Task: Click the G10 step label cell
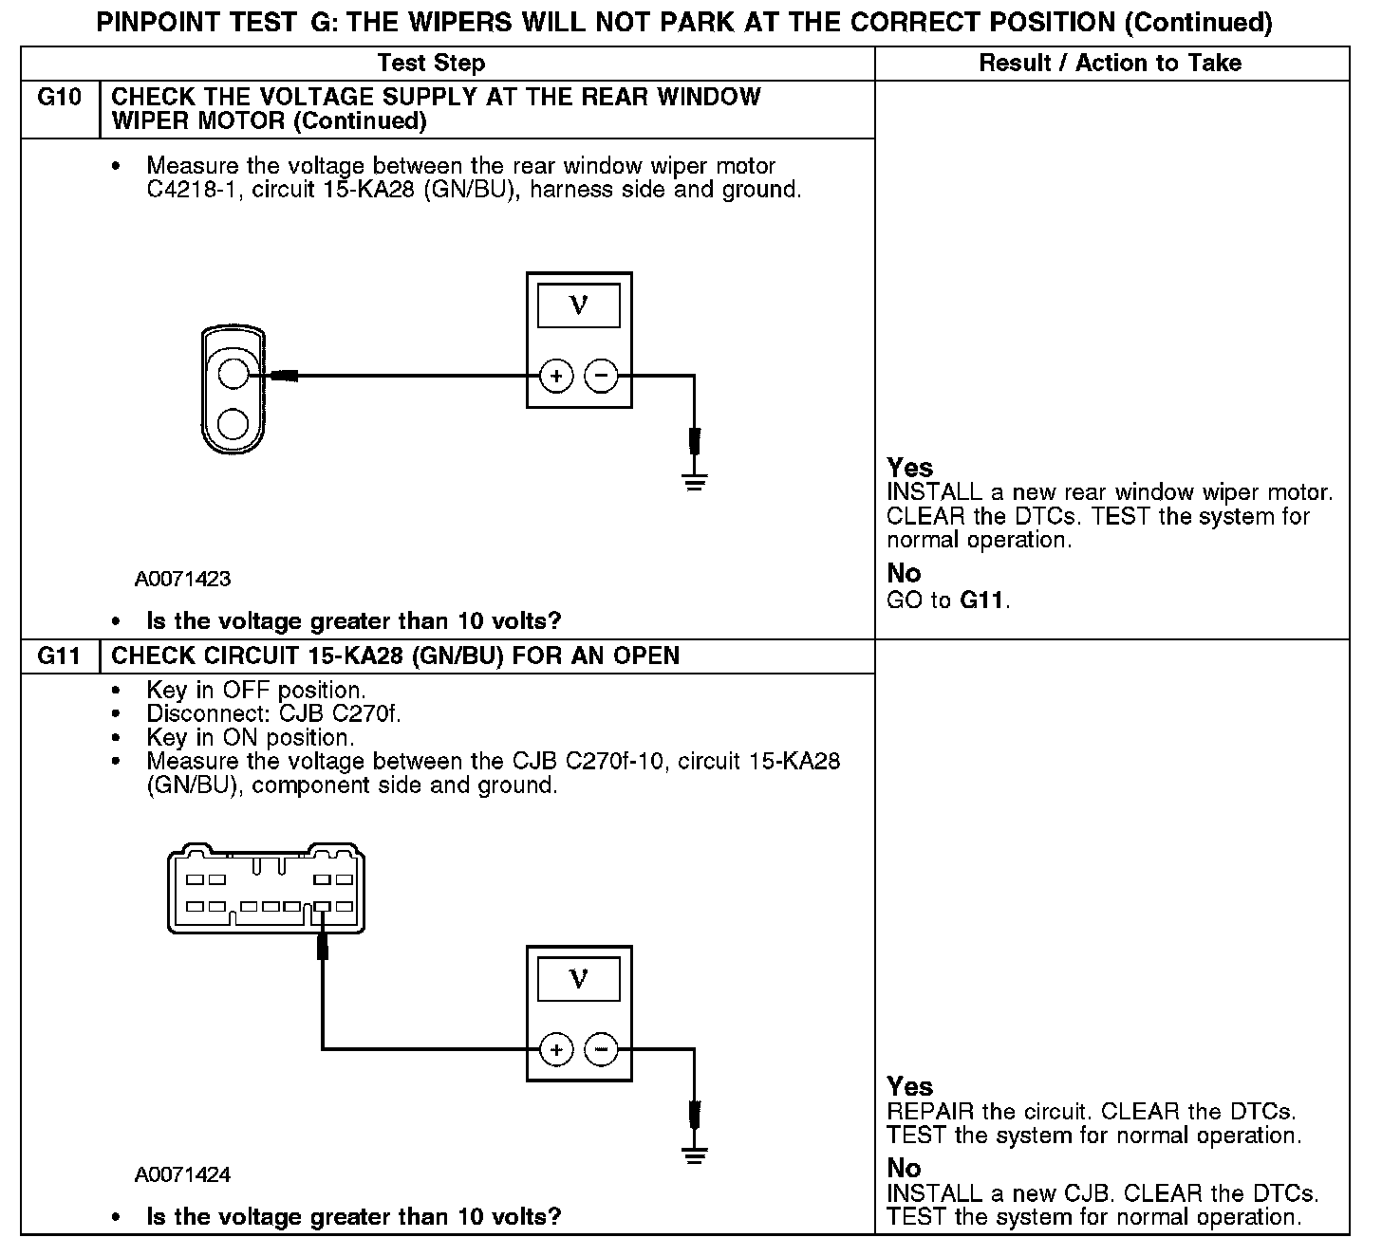point(59,98)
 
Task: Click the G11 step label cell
point(59,656)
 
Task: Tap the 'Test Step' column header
point(431,64)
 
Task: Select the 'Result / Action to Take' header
point(1110,64)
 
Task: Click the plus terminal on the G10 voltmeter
point(556,377)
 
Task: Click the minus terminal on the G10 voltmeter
point(600,377)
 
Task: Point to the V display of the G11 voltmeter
point(578,979)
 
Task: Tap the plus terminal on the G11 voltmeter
point(556,1049)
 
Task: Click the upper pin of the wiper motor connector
point(232,374)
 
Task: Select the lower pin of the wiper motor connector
point(232,421)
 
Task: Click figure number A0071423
point(182,579)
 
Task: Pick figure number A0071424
point(182,1175)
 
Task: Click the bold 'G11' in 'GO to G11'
point(981,600)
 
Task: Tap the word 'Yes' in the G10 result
point(909,468)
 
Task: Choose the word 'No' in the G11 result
point(904,1168)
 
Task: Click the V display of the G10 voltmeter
point(578,305)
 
